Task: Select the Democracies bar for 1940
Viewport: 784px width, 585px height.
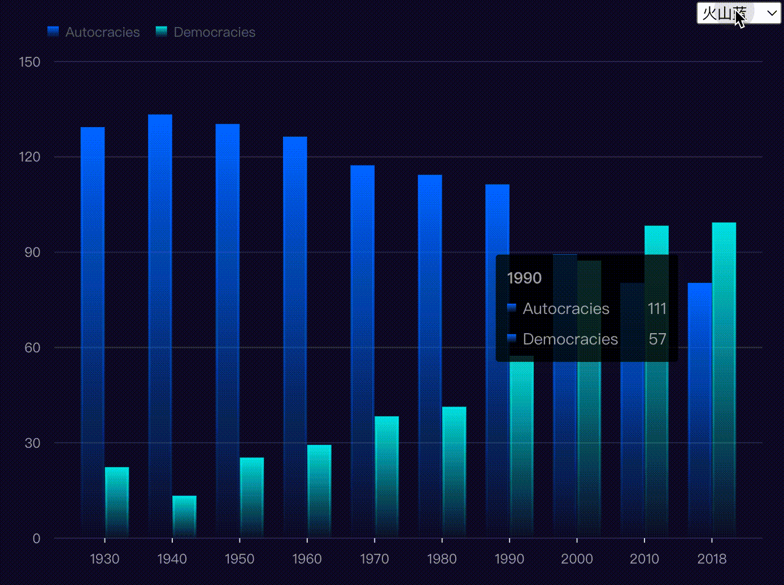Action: (x=184, y=516)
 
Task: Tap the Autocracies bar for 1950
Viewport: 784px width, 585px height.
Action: (x=228, y=330)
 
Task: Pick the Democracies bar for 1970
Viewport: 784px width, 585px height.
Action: (x=387, y=477)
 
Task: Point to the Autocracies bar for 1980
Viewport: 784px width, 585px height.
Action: (x=430, y=356)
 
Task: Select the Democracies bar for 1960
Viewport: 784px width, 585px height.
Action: (x=319, y=491)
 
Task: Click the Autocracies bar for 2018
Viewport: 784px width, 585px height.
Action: (x=700, y=410)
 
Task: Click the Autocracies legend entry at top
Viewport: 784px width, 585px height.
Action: (x=94, y=32)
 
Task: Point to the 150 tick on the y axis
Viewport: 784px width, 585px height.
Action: (x=29, y=62)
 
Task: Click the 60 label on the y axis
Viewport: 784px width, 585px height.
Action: (x=32, y=347)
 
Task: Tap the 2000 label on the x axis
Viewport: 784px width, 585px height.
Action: (x=577, y=559)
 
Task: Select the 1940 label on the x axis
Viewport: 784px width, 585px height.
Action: (x=172, y=559)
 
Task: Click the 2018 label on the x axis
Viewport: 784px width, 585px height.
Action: (x=712, y=559)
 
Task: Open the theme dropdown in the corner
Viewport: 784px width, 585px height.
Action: (x=739, y=13)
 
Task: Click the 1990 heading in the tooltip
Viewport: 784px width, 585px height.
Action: (x=524, y=278)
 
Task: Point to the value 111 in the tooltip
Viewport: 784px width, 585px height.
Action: (x=657, y=308)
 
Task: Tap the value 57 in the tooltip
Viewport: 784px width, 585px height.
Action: (x=657, y=339)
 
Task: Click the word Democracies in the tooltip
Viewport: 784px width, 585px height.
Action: (x=570, y=339)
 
